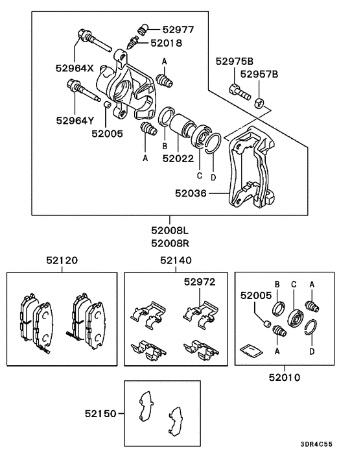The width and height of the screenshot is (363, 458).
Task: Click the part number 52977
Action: click(x=178, y=29)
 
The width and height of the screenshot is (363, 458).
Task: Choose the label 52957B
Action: click(x=260, y=74)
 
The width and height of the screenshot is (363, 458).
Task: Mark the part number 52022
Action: click(x=177, y=158)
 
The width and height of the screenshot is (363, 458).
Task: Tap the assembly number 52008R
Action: click(x=170, y=244)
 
